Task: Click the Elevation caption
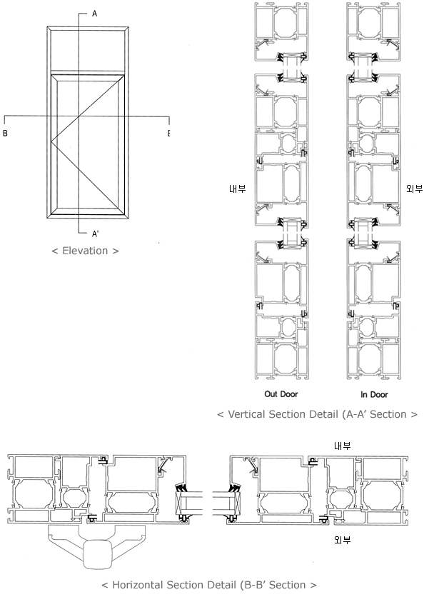(85, 251)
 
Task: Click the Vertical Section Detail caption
(317, 414)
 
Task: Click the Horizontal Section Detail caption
(209, 585)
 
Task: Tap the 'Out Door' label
(281, 394)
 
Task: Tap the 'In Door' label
(374, 394)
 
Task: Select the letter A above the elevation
(95, 14)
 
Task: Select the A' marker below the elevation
(95, 234)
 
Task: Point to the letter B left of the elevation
(5, 134)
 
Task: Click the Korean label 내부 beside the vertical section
(238, 189)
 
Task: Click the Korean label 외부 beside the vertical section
(415, 189)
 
